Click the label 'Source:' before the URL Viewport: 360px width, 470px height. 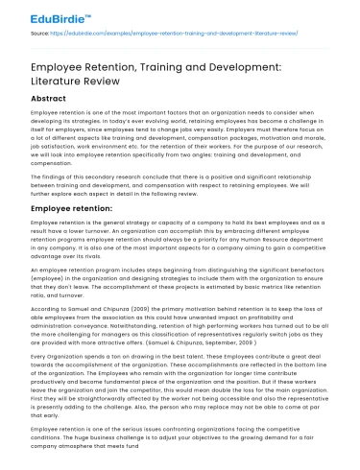coord(41,34)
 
